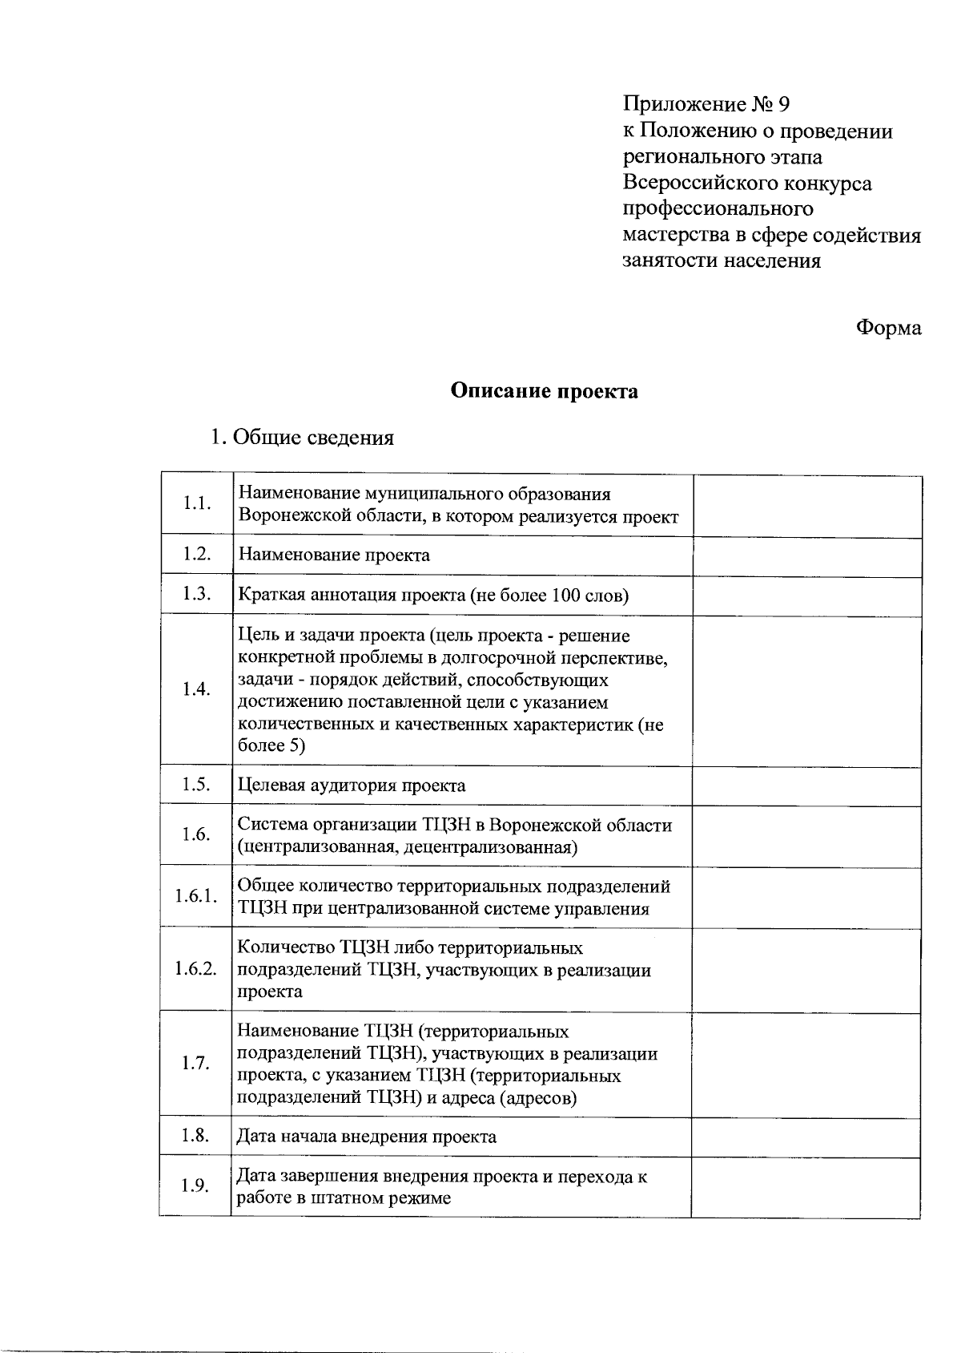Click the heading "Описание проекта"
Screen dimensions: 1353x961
[544, 391]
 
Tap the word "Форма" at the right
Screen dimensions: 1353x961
[889, 328]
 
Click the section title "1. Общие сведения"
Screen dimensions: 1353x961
[301, 438]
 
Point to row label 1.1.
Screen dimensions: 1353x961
[196, 503]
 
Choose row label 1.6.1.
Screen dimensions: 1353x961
[196, 896]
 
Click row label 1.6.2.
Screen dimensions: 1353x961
[196, 968]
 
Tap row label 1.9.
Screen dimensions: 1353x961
[196, 1186]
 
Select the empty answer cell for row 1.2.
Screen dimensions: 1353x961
[806, 555]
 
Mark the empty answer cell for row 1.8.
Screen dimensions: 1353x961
[806, 1137]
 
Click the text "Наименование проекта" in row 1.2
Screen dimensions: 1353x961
[334, 555]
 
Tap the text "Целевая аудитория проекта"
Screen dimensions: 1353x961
[352, 786]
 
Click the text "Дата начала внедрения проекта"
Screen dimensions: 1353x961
[367, 1137]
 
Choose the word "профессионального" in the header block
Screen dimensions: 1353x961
[718, 209]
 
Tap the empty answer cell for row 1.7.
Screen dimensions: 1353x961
[806, 1064]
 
